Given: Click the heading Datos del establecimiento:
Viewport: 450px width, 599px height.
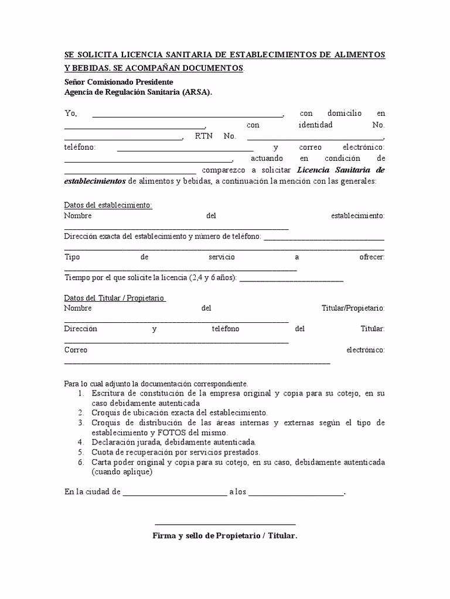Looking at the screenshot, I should click(108, 205).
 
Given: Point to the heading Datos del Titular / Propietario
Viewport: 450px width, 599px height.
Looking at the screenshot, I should click(115, 298).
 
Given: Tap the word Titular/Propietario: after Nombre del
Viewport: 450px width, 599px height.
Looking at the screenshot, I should click(353, 308).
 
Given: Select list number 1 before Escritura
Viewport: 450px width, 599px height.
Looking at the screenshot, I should click(81, 394).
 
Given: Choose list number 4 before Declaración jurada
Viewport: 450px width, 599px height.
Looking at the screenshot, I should click(81, 442).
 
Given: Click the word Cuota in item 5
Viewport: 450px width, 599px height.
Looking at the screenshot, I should click(103, 452).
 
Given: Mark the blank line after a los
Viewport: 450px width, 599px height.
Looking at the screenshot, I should click(296, 494).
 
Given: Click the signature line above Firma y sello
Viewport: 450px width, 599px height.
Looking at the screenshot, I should click(225, 524).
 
